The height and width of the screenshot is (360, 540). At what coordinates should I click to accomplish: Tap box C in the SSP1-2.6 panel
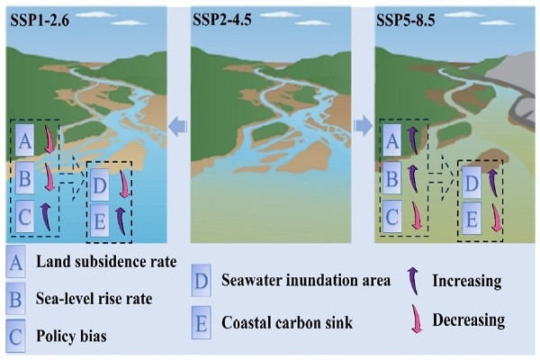[25, 215]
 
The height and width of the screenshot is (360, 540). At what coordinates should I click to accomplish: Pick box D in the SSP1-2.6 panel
[102, 184]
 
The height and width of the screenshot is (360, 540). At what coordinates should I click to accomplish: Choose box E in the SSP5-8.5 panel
[470, 220]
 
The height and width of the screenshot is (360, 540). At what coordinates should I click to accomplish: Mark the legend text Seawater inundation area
[306, 281]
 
